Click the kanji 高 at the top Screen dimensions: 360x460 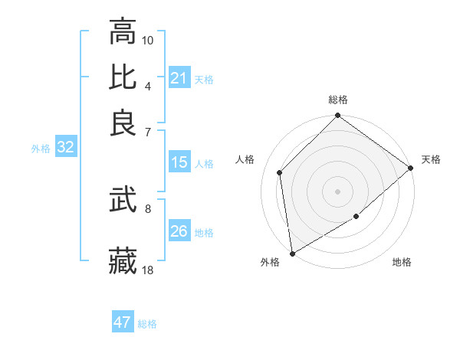pyautogui.click(x=123, y=31)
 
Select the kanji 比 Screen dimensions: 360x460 pyautogui.click(x=123, y=77)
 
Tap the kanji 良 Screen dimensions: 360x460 pyautogui.click(x=123, y=123)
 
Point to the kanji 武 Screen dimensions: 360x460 pyautogui.click(x=123, y=201)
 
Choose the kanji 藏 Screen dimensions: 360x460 pyautogui.click(x=123, y=261)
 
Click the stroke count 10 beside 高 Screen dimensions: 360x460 pyautogui.click(x=148, y=40)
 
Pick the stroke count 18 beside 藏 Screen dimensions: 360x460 pyautogui.click(x=148, y=270)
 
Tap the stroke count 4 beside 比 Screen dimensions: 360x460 pyautogui.click(x=148, y=86)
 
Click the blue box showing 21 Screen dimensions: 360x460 pyautogui.click(x=179, y=77)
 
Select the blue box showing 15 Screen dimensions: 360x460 pyautogui.click(x=179, y=162)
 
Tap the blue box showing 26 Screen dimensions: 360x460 pyautogui.click(x=179, y=231)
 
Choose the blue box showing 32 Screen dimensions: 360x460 pyautogui.click(x=65, y=148)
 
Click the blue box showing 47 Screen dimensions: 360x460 pyautogui.click(x=123, y=322)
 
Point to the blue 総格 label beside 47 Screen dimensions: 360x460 pyautogui.click(x=147, y=324)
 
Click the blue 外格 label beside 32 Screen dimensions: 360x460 pyautogui.click(x=41, y=149)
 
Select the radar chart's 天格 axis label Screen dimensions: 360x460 pyautogui.click(x=431, y=159)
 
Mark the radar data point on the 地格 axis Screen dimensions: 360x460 pyautogui.click(x=356, y=217)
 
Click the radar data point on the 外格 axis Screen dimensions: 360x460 pyautogui.click(x=292, y=254)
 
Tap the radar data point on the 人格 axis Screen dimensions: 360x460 pyautogui.click(x=280, y=172)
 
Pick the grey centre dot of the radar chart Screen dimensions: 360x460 pyautogui.click(x=337, y=191)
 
